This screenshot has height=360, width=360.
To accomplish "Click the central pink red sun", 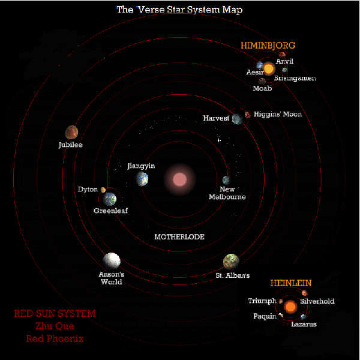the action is [180, 179].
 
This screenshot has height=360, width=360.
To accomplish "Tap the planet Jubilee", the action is [71, 132].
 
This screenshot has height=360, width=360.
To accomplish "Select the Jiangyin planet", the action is [142, 179].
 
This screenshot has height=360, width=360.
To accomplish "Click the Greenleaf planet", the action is [110, 199].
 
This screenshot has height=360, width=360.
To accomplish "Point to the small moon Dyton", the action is [103, 190].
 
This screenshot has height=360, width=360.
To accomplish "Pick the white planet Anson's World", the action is [112, 261].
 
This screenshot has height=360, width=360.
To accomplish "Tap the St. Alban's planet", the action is [231, 262].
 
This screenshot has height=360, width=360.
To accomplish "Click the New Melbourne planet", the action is [226, 180].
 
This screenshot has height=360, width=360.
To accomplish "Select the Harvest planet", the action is [237, 119].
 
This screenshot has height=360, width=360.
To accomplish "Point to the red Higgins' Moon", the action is [247, 115].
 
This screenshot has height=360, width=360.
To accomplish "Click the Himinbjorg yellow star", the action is [269, 68].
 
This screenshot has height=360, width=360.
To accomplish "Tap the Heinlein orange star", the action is [290, 307].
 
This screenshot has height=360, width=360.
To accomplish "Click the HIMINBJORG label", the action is [268, 46].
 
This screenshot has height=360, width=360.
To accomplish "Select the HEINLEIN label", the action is [291, 283].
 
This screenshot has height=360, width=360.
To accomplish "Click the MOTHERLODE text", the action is [179, 237].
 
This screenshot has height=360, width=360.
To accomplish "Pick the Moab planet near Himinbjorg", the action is [262, 81].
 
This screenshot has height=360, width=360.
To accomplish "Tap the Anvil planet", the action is [282, 55].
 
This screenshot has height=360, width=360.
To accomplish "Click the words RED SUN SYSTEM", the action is [55, 313].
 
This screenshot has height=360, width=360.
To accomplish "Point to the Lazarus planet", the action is [303, 317].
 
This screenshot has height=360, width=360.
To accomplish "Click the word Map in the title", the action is [232, 10].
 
